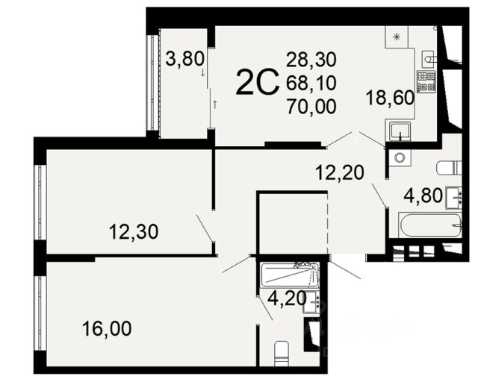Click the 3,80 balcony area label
point(184,59)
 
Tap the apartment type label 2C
point(258,81)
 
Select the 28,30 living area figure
point(311,60)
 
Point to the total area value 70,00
point(311,107)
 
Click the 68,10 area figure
point(311,83)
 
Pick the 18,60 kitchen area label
point(390,98)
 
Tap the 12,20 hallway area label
point(340,172)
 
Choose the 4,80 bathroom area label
point(423,195)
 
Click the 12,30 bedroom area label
point(134,232)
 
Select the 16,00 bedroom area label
point(107,329)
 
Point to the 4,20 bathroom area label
point(287,298)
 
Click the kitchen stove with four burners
point(426,81)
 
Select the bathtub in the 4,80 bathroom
point(430,225)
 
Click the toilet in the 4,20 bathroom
point(282,354)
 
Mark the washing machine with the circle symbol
point(400,157)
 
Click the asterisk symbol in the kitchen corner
point(397,37)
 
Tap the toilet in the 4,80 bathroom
point(450,168)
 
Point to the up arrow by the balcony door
point(215,104)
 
